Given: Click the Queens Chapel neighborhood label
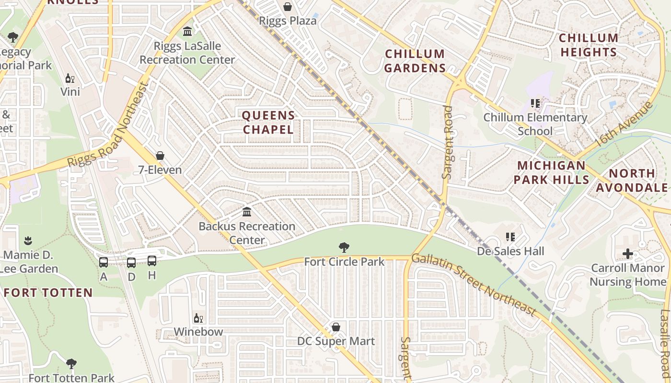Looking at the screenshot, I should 268,123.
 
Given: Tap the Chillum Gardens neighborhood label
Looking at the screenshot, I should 415,61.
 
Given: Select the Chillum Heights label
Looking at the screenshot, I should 589,45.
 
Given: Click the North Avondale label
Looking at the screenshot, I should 632,180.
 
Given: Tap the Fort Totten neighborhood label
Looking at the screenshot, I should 48,293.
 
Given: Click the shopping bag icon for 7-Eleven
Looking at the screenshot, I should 160,156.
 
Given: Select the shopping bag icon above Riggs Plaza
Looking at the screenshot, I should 288,7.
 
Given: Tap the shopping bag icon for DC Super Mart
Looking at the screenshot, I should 336,327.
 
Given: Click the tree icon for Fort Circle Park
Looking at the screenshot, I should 344,248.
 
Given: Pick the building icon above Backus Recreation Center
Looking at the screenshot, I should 247,212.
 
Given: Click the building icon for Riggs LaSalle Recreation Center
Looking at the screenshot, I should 187,32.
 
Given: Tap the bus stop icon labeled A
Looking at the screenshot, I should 104,262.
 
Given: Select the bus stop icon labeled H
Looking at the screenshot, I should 152,261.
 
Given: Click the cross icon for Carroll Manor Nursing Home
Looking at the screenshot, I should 628,254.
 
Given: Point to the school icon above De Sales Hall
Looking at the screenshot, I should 510,237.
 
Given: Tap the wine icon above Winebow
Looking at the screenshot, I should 198,318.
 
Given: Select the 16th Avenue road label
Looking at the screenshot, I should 623,124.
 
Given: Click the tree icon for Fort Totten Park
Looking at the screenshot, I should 71,364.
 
